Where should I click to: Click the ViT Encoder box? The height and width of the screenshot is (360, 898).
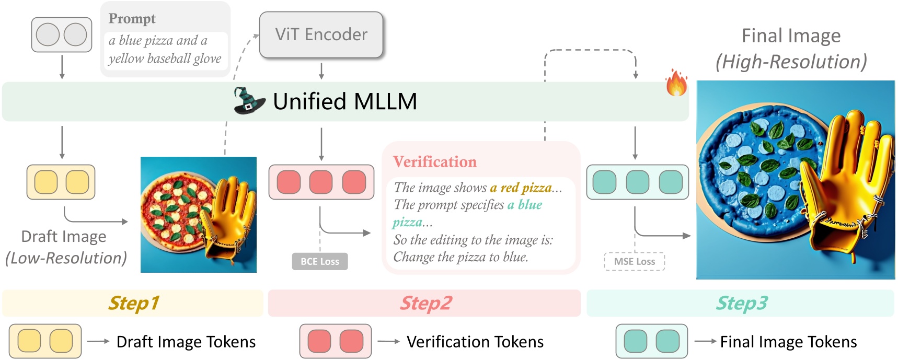click(321, 34)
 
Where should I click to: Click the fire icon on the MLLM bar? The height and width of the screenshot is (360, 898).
click(676, 84)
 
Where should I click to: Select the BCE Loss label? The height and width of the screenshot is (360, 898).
click(320, 261)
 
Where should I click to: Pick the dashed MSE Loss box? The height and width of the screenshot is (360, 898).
click(635, 261)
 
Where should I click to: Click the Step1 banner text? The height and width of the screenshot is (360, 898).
click(133, 304)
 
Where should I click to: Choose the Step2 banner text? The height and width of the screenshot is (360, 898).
click(425, 304)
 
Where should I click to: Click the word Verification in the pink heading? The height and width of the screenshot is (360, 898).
click(435, 162)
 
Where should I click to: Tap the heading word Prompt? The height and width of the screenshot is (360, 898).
click(132, 19)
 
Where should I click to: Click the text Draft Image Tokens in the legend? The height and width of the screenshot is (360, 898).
click(186, 342)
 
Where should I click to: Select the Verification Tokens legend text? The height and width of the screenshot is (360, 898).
click(475, 342)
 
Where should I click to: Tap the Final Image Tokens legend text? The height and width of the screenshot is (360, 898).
click(788, 342)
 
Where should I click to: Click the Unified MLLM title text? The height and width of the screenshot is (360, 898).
click(345, 101)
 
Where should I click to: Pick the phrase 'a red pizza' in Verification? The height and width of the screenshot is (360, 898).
click(521, 188)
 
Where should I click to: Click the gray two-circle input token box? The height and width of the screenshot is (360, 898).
click(62, 34)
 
